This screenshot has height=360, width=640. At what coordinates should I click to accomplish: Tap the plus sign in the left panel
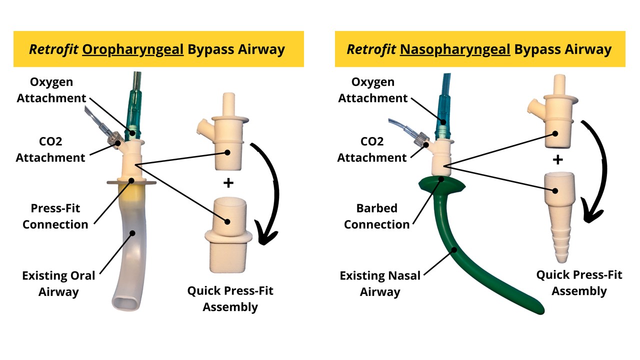pos(228,183)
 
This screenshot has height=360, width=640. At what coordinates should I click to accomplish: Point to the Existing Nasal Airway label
pos(380,283)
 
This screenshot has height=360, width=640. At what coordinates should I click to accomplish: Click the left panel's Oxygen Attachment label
pos(51,90)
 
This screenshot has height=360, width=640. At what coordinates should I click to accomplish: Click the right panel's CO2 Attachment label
pos(372,149)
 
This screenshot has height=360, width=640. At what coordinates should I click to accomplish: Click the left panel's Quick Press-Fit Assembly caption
pos(230,298)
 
